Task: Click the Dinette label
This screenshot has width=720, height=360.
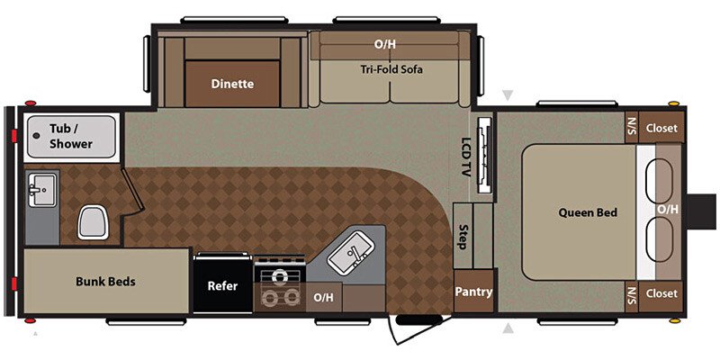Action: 232,84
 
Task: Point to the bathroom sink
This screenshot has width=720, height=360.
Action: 41,190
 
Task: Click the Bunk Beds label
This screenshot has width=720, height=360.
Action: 105,282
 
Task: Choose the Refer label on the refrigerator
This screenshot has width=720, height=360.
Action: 222,286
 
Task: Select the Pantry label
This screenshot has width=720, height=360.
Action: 472,292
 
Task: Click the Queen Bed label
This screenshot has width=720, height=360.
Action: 588,212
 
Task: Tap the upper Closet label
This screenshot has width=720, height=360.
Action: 661,129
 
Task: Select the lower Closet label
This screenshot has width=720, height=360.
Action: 661,293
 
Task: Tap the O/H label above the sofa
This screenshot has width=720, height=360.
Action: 385,43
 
